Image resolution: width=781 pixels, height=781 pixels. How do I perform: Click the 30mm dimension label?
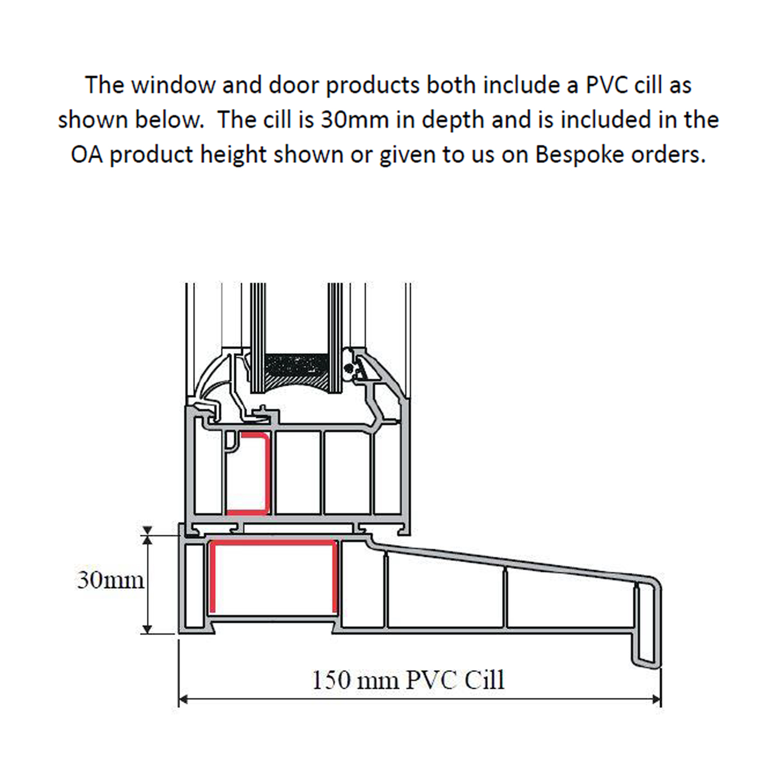[110, 580]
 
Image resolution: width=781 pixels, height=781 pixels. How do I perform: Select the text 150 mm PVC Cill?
[408, 680]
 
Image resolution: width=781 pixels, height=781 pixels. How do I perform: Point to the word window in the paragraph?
[173, 85]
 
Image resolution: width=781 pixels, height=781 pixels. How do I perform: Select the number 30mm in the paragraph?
[355, 120]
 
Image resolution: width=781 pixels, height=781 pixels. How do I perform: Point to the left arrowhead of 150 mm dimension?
[183, 699]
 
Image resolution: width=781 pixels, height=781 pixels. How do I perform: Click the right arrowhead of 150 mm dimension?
[656, 699]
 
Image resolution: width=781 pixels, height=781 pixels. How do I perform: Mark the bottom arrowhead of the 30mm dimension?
[147, 629]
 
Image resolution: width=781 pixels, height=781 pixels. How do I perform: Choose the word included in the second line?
[606, 120]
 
